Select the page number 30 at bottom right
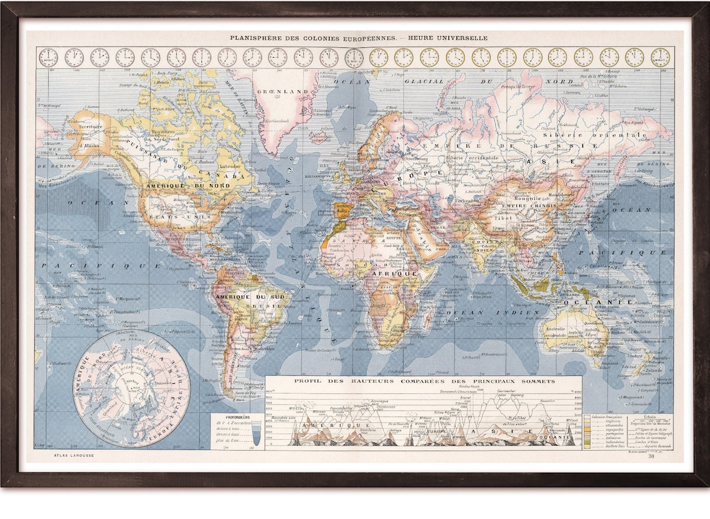click(x=651, y=457)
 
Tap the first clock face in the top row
click(x=48, y=57)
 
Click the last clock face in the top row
click(x=660, y=57)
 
